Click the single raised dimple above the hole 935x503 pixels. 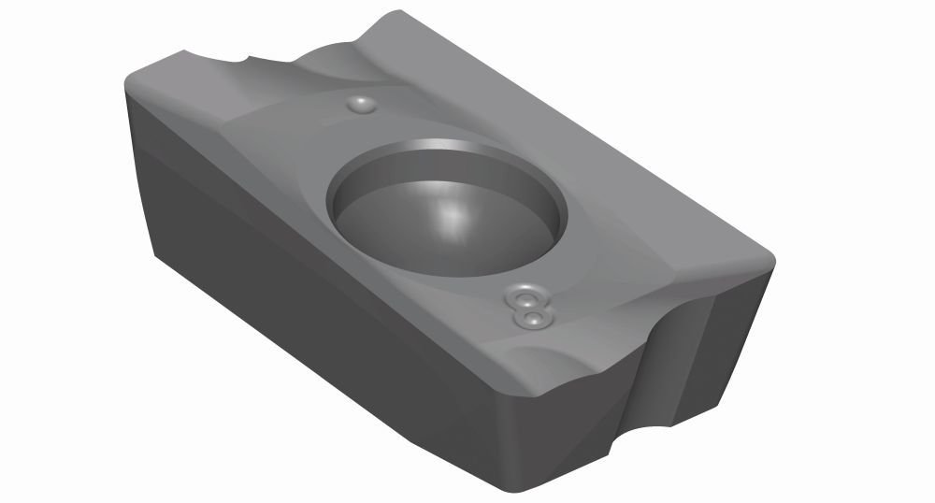[x=360, y=106]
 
